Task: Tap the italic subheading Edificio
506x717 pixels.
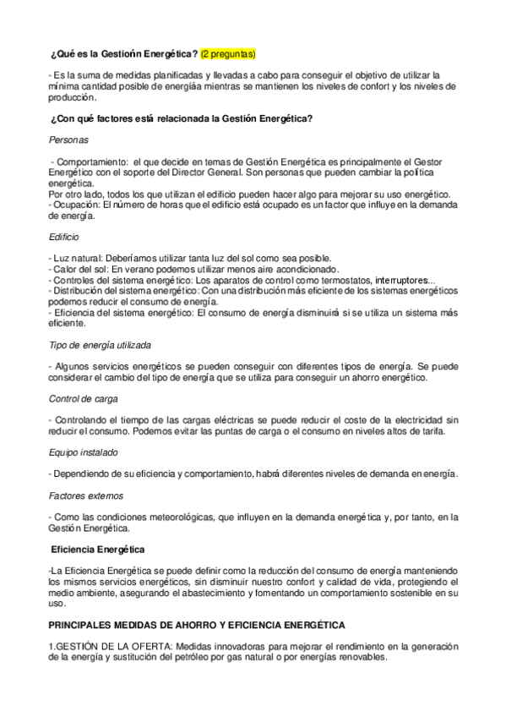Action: [66, 238]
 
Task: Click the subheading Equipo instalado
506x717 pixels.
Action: [84, 452]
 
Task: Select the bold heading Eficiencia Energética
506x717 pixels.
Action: [98, 549]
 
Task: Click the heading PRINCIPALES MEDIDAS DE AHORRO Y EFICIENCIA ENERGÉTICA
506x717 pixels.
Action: [196, 625]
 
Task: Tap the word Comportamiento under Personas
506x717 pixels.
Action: [90, 161]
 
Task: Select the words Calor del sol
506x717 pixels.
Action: [79, 270]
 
